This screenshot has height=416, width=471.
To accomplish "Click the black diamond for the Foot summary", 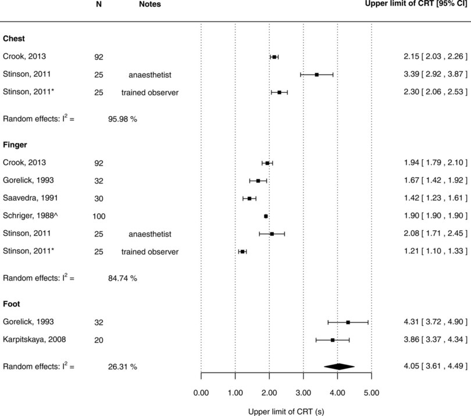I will tap(339, 367).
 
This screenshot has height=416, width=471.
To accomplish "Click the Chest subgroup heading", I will tap(14, 39).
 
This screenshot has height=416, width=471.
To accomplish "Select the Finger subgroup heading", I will tap(15, 145).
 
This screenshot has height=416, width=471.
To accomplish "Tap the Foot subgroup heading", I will tap(13, 303).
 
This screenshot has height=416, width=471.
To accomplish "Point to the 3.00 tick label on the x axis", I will tap(304, 393).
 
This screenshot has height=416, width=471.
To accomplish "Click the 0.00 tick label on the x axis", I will tap(201, 393).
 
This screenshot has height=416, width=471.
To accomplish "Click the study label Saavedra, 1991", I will tap(30, 198).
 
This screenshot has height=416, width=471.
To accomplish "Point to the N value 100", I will tap(98, 216).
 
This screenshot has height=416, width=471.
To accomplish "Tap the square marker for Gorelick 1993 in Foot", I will tap(348, 322).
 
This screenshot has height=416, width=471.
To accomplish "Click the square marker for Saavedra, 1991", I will tap(249, 198).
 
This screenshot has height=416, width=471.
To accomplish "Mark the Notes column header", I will tap(150, 5).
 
